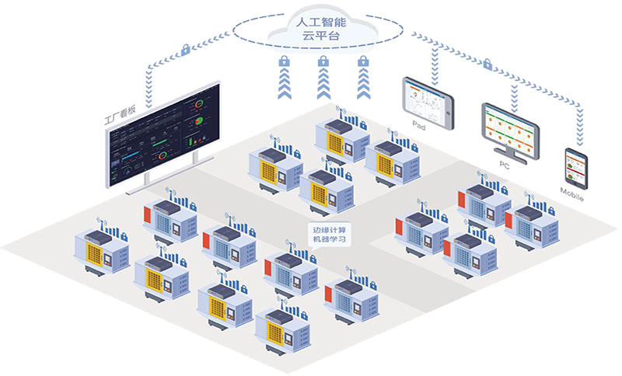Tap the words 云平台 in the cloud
pyautogui.click(x=320, y=37)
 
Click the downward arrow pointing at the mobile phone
pyautogui.click(x=580, y=137)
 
